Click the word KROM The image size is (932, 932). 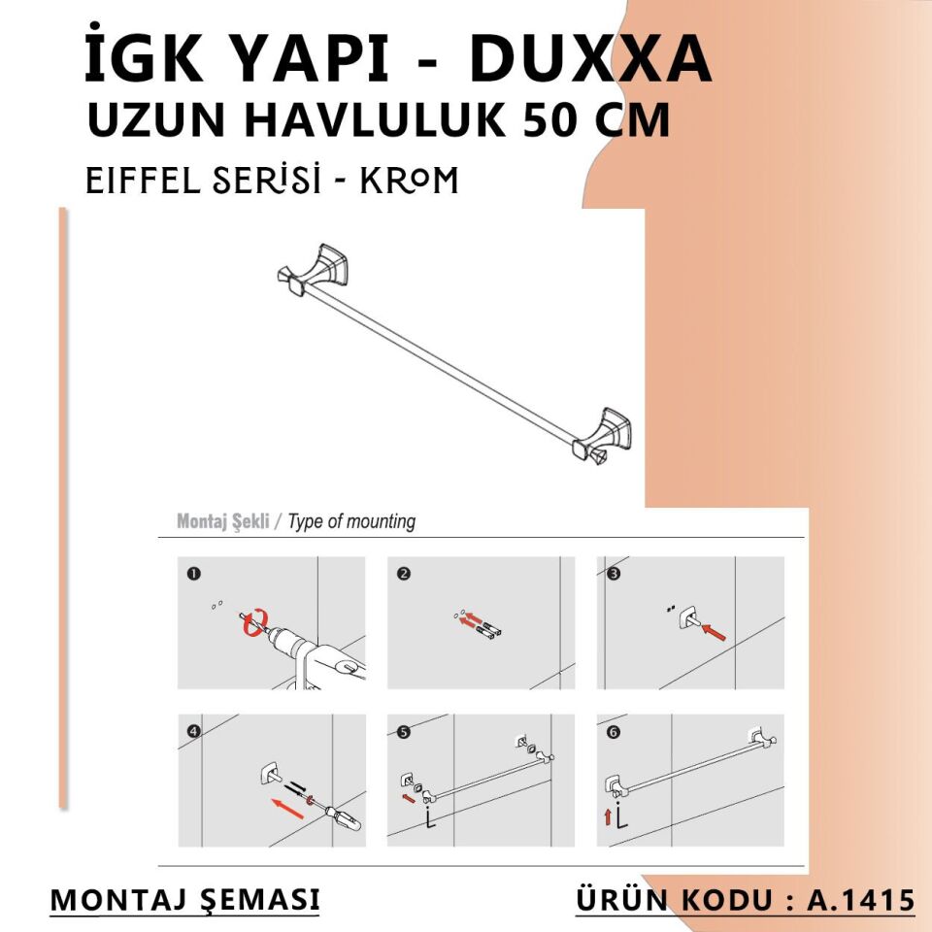409,180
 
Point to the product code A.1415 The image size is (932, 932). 861,900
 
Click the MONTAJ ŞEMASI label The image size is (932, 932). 184,899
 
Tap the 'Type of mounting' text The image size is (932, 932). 351,521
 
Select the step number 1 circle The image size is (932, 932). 194,574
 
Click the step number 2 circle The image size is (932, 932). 404,574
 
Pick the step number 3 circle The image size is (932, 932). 613,574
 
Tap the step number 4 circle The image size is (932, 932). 194,732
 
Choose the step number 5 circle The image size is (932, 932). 404,732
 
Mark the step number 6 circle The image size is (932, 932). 613,732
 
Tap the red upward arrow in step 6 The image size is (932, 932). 608,817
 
